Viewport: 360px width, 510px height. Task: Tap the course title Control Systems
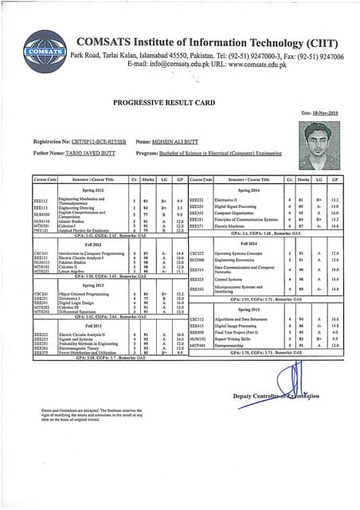(x=231, y=280)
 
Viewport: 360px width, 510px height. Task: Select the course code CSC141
(x=41, y=253)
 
